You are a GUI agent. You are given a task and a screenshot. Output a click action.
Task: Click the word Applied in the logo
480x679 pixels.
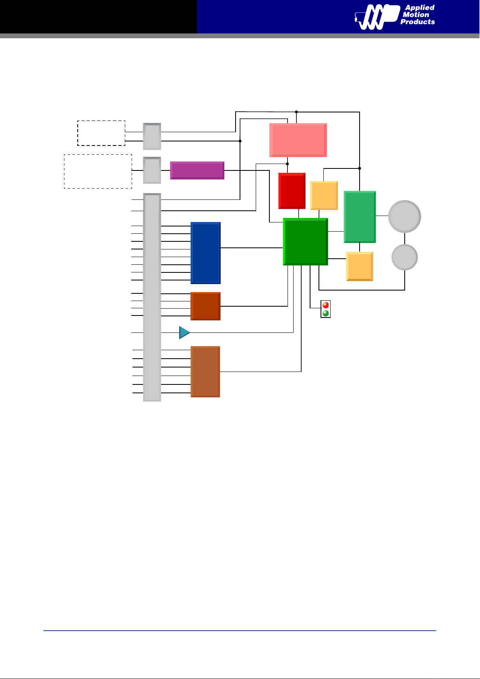click(x=420, y=8)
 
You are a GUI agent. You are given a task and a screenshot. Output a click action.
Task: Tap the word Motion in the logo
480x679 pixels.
click(x=416, y=15)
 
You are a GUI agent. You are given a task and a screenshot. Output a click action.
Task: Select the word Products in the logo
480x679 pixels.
click(x=418, y=22)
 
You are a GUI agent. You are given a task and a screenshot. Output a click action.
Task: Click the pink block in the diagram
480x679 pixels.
click(x=298, y=140)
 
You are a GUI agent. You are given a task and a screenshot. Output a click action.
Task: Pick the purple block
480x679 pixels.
click(x=197, y=170)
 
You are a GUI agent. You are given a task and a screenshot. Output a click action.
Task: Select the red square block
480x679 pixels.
click(x=292, y=191)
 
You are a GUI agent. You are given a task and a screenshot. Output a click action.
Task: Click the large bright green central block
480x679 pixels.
click(x=306, y=242)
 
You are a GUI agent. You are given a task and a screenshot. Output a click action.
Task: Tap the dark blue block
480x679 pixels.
click(x=205, y=253)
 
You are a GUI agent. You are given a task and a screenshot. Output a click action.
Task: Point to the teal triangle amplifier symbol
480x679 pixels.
click(x=184, y=332)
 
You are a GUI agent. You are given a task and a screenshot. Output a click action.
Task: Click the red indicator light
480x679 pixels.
click(x=325, y=305)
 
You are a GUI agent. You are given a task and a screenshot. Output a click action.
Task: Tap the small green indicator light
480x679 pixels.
click(x=325, y=313)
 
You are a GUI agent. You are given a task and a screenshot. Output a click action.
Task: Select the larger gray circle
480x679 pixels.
click(x=405, y=216)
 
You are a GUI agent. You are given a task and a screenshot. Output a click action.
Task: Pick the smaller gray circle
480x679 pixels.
click(x=405, y=257)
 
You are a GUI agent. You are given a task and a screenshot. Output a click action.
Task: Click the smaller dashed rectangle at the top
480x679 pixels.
click(x=101, y=133)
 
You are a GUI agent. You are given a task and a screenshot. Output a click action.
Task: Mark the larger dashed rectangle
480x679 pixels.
click(x=98, y=171)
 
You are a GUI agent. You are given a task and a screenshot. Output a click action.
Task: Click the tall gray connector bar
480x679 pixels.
click(x=152, y=297)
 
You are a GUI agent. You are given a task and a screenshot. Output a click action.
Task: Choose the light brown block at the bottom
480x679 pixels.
click(x=205, y=372)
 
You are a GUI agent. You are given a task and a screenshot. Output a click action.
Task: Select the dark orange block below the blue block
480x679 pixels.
click(x=205, y=306)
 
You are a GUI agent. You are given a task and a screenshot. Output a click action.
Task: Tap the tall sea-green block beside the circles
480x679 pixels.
click(x=360, y=217)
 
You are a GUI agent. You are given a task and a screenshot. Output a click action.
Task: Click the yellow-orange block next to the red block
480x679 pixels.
click(x=324, y=195)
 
